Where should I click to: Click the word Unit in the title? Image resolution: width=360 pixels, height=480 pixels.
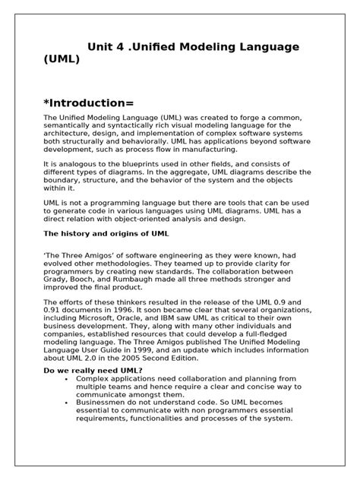coord(103,47)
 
